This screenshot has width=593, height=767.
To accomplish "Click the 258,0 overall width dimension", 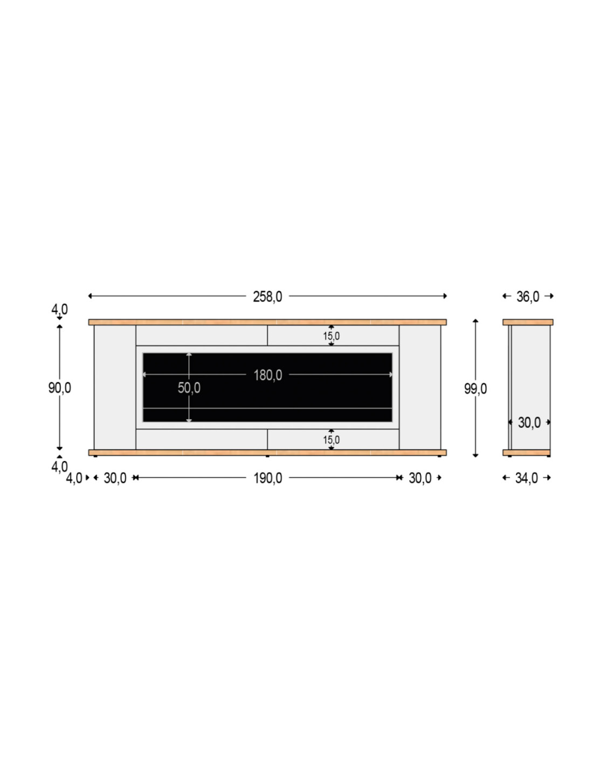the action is (x=267, y=297).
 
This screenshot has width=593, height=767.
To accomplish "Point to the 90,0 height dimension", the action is (x=60, y=388).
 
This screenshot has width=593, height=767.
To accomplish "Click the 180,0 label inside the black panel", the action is (x=267, y=375).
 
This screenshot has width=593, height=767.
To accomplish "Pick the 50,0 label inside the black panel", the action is (x=189, y=388).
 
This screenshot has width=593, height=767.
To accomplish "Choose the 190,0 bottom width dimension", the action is (x=267, y=478).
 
